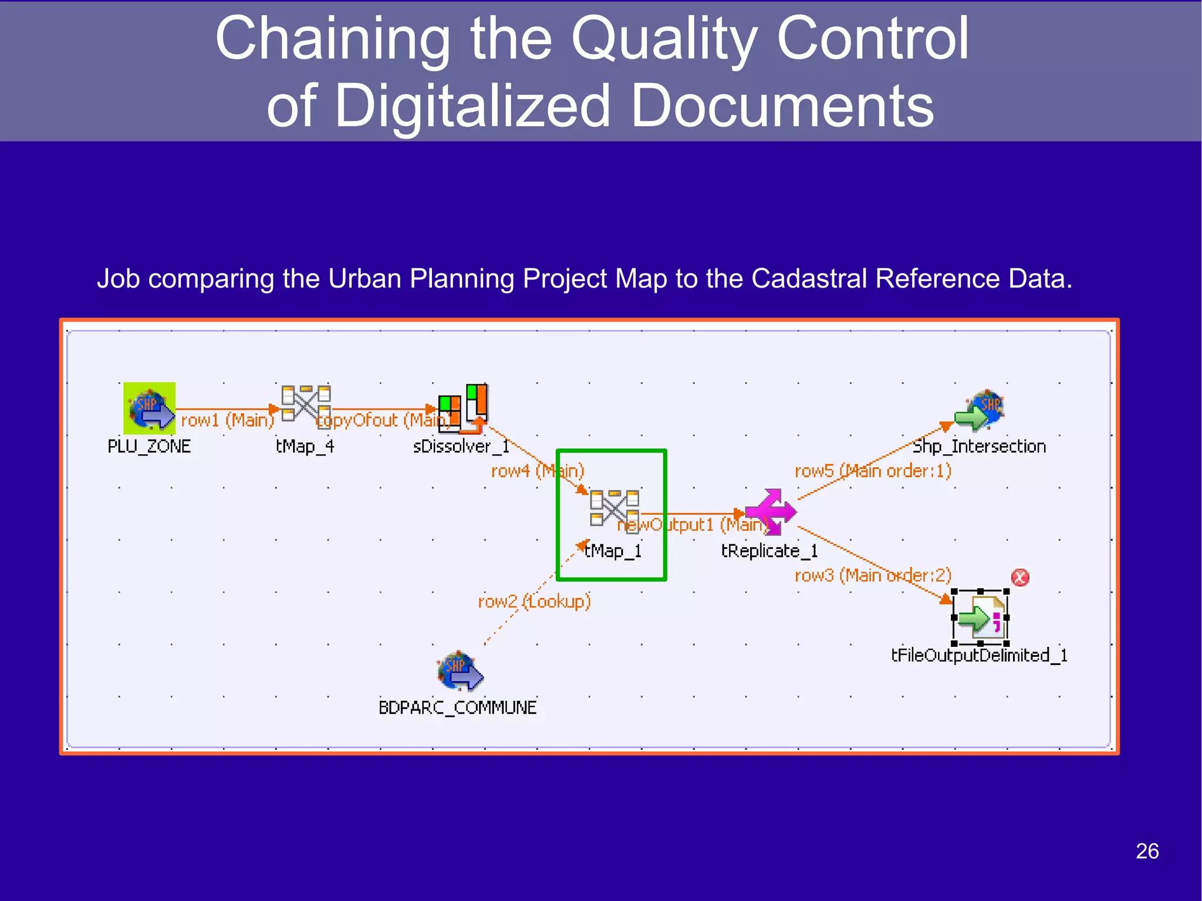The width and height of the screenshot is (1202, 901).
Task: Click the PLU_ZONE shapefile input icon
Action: pos(149,408)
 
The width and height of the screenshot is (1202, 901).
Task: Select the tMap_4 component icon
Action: pos(306,403)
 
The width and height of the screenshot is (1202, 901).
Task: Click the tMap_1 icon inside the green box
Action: pos(614,508)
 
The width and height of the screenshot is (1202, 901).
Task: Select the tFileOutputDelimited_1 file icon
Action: pos(981,617)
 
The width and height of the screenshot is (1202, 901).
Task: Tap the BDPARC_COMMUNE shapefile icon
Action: pos(460,671)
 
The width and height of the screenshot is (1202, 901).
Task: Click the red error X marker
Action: pos(1020,578)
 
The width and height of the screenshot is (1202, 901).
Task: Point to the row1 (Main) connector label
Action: pos(227,420)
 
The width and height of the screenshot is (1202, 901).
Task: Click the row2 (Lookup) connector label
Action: pos(534,602)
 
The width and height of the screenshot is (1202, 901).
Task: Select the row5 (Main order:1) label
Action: pos(873,471)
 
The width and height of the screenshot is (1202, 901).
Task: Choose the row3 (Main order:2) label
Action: pos(873,575)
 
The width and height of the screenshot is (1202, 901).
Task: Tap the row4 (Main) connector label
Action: pos(537,471)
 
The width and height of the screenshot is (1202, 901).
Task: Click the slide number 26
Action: pos(1147,851)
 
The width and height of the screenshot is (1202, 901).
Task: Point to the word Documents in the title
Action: pos(782,106)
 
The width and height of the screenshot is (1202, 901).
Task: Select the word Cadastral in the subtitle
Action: pos(809,278)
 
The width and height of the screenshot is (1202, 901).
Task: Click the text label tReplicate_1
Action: pos(769,551)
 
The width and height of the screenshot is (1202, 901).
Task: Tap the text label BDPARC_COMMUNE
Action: pos(457,707)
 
